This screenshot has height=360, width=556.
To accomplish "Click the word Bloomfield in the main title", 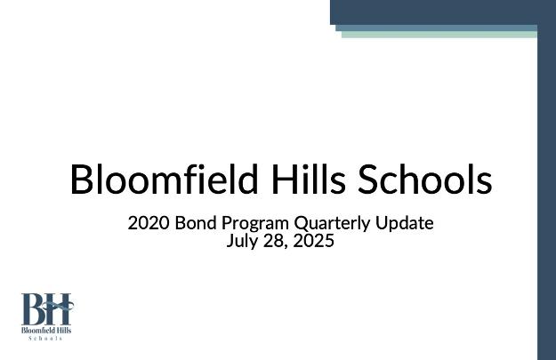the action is pyautogui.click(x=164, y=179).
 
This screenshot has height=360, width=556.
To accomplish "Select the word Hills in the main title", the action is pyautogui.click(x=309, y=179).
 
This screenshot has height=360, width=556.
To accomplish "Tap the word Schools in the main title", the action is pyautogui.click(x=425, y=179).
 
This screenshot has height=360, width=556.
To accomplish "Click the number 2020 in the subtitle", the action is pyautogui.click(x=148, y=223).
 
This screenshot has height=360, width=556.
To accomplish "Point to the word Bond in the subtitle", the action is pyautogui.click(x=196, y=223).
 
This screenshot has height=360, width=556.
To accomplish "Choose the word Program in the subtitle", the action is pyautogui.click(x=255, y=224).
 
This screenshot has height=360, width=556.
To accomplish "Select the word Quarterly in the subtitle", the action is pyautogui.click(x=332, y=224).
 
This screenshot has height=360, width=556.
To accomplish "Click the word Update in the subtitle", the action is pyautogui.click(x=405, y=224).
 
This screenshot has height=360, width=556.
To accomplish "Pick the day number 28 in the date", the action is pyautogui.click(x=273, y=241).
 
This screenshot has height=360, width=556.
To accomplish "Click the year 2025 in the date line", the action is pyautogui.click(x=314, y=241).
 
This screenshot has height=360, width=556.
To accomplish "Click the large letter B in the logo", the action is pyautogui.click(x=34, y=308).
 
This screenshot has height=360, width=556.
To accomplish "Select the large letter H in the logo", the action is pyautogui.click(x=59, y=308).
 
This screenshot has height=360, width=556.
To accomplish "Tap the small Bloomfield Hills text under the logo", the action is pyautogui.click(x=46, y=331).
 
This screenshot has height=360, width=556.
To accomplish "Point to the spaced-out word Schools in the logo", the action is pyautogui.click(x=45, y=339).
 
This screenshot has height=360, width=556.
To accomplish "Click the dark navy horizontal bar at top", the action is pyautogui.click(x=443, y=12).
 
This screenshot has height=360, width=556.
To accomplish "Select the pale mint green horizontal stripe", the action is pyautogui.click(x=439, y=35).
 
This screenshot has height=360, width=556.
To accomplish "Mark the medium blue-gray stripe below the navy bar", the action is pyautogui.click(x=437, y=28).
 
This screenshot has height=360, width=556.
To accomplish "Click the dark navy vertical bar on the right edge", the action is pyautogui.click(x=546, y=192).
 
